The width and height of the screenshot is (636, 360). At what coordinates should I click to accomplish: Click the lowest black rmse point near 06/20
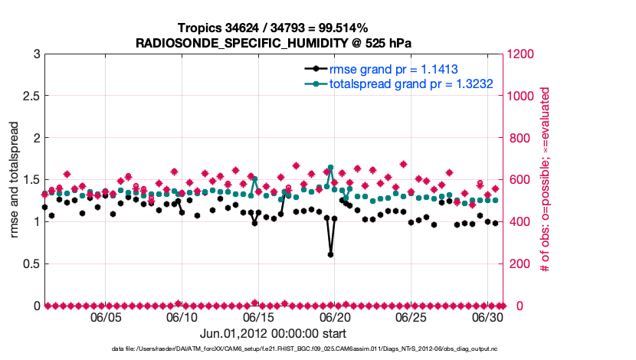tap(330, 254)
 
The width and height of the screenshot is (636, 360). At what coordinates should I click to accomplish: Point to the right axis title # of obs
tap(544, 180)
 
